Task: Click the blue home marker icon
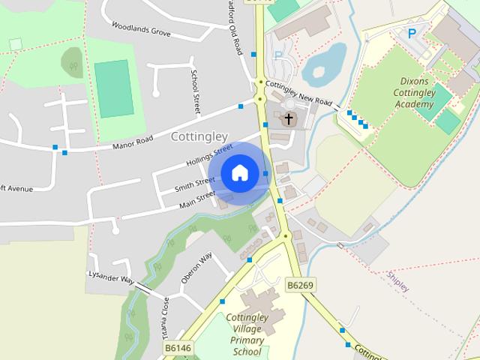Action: tap(239, 172)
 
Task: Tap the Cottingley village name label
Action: tap(199, 136)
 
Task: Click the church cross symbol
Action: tap(289, 118)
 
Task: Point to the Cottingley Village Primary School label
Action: tap(257, 335)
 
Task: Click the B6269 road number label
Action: tap(301, 285)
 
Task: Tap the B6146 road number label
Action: tap(178, 348)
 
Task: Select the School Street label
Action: tap(195, 93)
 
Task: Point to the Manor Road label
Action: tap(133, 140)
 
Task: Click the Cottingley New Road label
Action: tap(298, 94)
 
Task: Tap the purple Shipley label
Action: tap(398, 282)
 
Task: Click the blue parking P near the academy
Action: tap(411, 33)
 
